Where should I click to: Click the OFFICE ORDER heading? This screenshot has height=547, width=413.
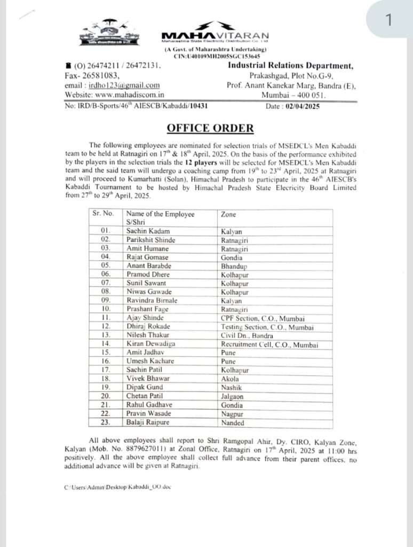click(203, 128)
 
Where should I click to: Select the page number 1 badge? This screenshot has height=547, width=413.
click(388, 20)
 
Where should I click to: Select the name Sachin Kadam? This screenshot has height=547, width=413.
click(148, 231)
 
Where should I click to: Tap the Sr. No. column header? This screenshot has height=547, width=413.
click(104, 214)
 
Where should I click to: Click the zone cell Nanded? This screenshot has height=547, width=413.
click(233, 423)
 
